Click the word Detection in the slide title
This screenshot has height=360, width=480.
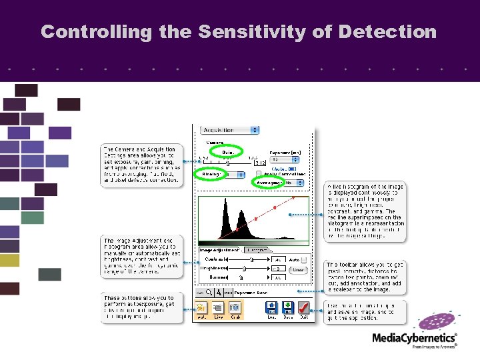coord(388,31)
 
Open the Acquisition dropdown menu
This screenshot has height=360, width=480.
coord(230,130)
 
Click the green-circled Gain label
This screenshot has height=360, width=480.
coord(227,151)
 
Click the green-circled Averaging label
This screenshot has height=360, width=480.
coord(269,181)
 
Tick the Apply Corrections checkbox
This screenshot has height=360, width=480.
coord(259,173)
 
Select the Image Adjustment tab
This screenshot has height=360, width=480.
coord(219,250)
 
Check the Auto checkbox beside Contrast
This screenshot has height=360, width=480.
coord(304,259)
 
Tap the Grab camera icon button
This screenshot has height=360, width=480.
coord(235,308)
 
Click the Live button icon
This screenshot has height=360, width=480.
coord(218,308)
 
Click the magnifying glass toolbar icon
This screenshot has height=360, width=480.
coord(209,292)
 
